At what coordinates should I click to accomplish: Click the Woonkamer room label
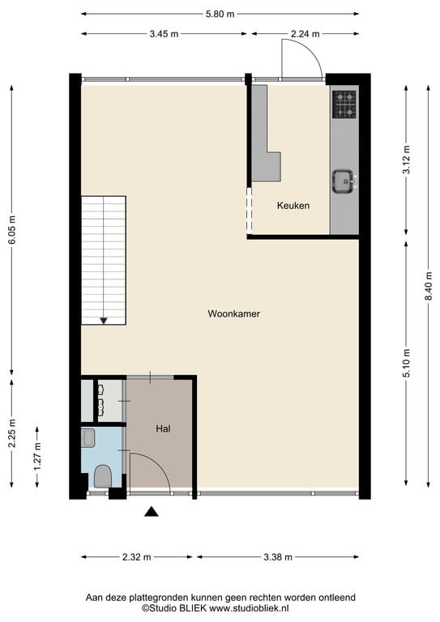(233, 313)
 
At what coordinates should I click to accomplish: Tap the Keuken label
(293, 206)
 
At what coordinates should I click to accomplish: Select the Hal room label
(163, 428)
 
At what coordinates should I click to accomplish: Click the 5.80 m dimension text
(220, 15)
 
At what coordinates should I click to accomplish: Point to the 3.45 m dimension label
(164, 34)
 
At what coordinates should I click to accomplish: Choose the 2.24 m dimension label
(305, 34)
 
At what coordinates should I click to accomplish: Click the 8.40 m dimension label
(429, 287)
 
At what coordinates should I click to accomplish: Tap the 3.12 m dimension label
(406, 160)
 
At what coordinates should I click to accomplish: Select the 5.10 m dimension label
(406, 364)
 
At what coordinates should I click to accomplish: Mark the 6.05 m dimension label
(12, 230)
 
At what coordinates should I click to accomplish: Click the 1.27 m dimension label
(37, 457)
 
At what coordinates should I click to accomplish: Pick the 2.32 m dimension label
(136, 557)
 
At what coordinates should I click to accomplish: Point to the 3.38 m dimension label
(278, 557)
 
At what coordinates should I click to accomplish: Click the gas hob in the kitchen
(344, 104)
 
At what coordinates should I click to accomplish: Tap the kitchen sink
(344, 181)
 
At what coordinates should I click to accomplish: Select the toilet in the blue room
(103, 476)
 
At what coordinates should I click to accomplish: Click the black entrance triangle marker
(152, 512)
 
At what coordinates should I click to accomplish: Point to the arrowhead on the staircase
(104, 321)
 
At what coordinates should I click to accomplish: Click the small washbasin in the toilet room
(88, 437)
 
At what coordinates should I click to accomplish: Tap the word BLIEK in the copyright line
(193, 607)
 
